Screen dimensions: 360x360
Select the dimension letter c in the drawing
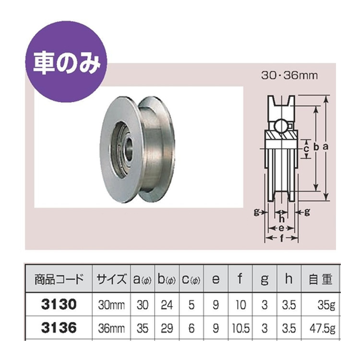306,149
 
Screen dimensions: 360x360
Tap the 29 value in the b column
167,329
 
